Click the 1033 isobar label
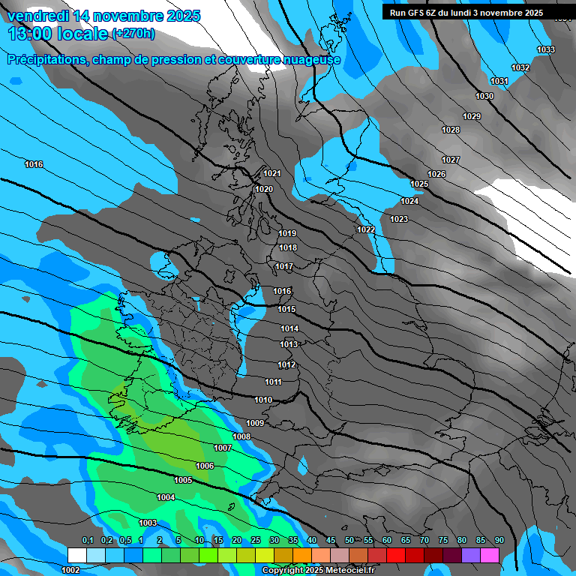(546, 49)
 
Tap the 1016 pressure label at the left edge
(34, 164)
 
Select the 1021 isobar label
(272, 173)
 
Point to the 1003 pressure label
(148, 523)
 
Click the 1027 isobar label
(451, 160)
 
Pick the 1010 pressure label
(263, 400)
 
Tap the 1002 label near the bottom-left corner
(70, 570)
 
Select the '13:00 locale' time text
(58, 34)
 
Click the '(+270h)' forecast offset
(133, 34)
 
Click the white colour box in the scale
(76, 555)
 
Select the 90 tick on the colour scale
(499, 540)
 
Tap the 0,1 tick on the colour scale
(87, 540)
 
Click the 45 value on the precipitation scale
(331, 540)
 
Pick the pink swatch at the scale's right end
(490, 555)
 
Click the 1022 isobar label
(366, 229)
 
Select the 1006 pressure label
(205, 466)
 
